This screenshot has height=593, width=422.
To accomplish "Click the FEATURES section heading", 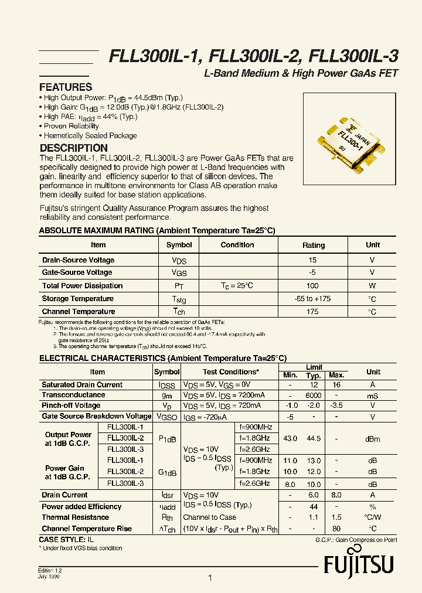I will (66, 87).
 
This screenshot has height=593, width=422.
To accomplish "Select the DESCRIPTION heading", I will (73, 148).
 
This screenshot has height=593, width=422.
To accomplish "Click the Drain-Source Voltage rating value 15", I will (312, 260).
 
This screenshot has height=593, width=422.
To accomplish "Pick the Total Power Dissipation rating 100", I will (312, 286).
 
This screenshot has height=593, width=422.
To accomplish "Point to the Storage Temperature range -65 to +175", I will (312, 299).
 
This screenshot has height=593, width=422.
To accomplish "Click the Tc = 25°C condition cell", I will (237, 286).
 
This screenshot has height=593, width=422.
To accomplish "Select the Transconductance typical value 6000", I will (314, 396).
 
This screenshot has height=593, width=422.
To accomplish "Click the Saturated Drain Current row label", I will (82, 385).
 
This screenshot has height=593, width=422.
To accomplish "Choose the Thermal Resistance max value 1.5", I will (336, 517).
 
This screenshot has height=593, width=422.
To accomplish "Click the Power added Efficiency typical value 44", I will (314, 507).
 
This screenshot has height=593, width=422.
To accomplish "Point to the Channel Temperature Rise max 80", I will (336, 529).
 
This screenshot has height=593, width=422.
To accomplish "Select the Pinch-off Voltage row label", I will (71, 405).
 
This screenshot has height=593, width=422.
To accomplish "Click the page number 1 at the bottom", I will (210, 578).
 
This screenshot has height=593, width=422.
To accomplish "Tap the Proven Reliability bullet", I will (71, 126).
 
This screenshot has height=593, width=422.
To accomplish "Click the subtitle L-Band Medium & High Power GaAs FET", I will (301, 73).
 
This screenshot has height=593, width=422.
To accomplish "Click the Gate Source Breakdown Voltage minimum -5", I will (290, 417).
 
